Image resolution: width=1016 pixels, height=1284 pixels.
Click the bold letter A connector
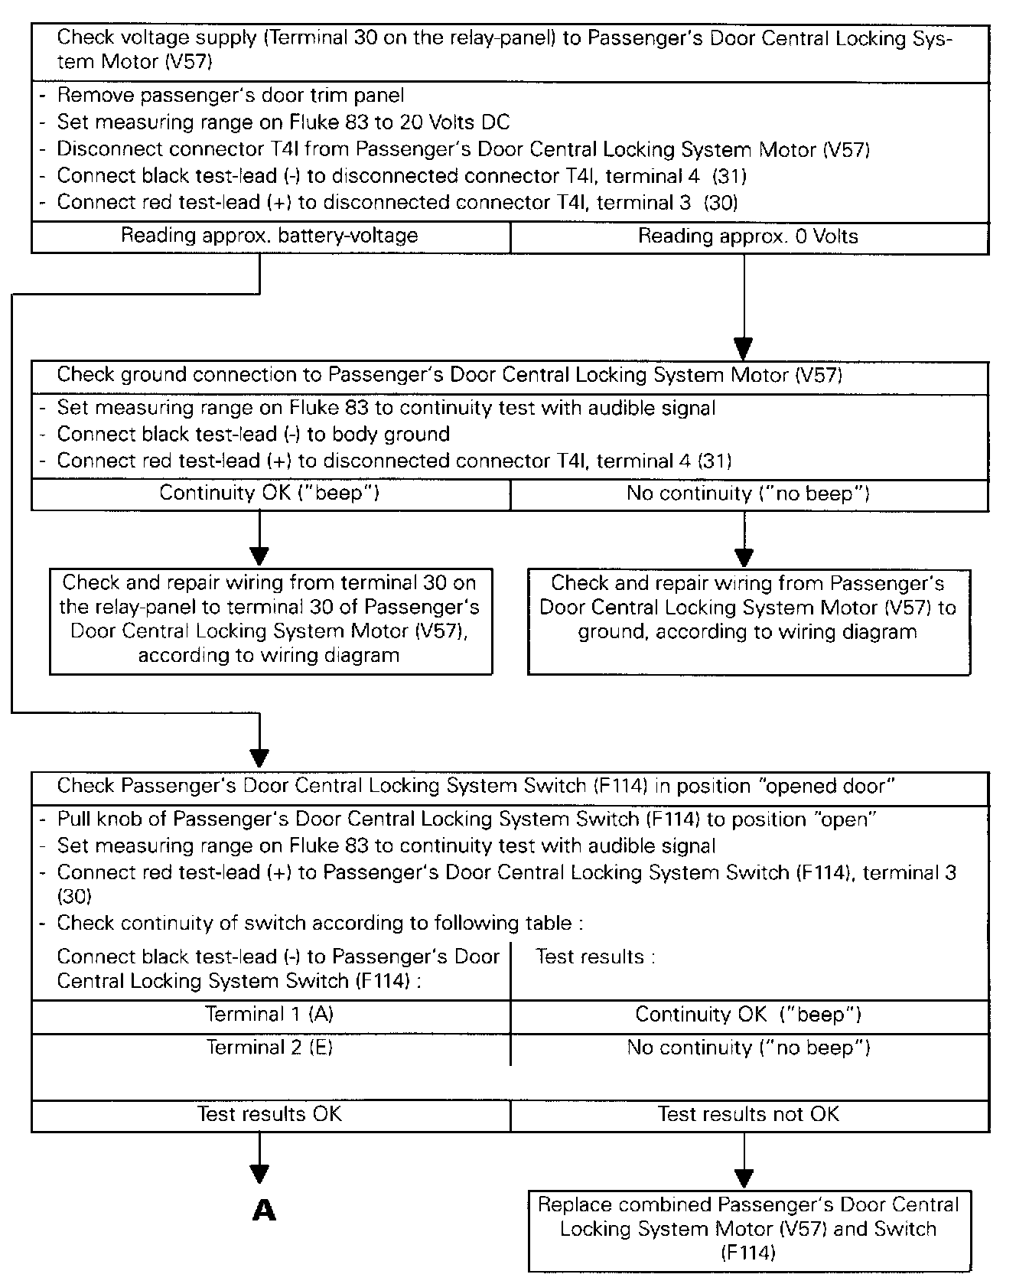[264, 1210]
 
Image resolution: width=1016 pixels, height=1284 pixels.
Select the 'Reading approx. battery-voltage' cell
[269, 236]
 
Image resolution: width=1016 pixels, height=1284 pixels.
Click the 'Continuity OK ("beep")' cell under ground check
[269, 493]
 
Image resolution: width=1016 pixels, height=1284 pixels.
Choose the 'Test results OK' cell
[269, 1114]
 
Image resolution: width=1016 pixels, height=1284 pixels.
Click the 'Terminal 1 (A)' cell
[269, 1015]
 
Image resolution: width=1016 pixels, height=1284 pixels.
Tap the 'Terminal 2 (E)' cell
[269, 1048]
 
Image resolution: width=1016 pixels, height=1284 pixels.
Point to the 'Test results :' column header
[595, 956]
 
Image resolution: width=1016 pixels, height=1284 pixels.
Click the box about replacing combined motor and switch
[748, 1229]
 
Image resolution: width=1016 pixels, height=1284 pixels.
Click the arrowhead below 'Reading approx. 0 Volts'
[744, 348]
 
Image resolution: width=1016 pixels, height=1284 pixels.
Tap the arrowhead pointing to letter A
[260, 1174]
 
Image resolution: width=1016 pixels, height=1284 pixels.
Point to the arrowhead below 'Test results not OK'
[744, 1178]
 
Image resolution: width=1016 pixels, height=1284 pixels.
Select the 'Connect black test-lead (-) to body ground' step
[253, 435]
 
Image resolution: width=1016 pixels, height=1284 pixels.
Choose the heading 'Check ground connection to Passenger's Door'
[449, 375]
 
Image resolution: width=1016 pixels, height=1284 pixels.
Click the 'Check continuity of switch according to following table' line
[320, 923]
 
